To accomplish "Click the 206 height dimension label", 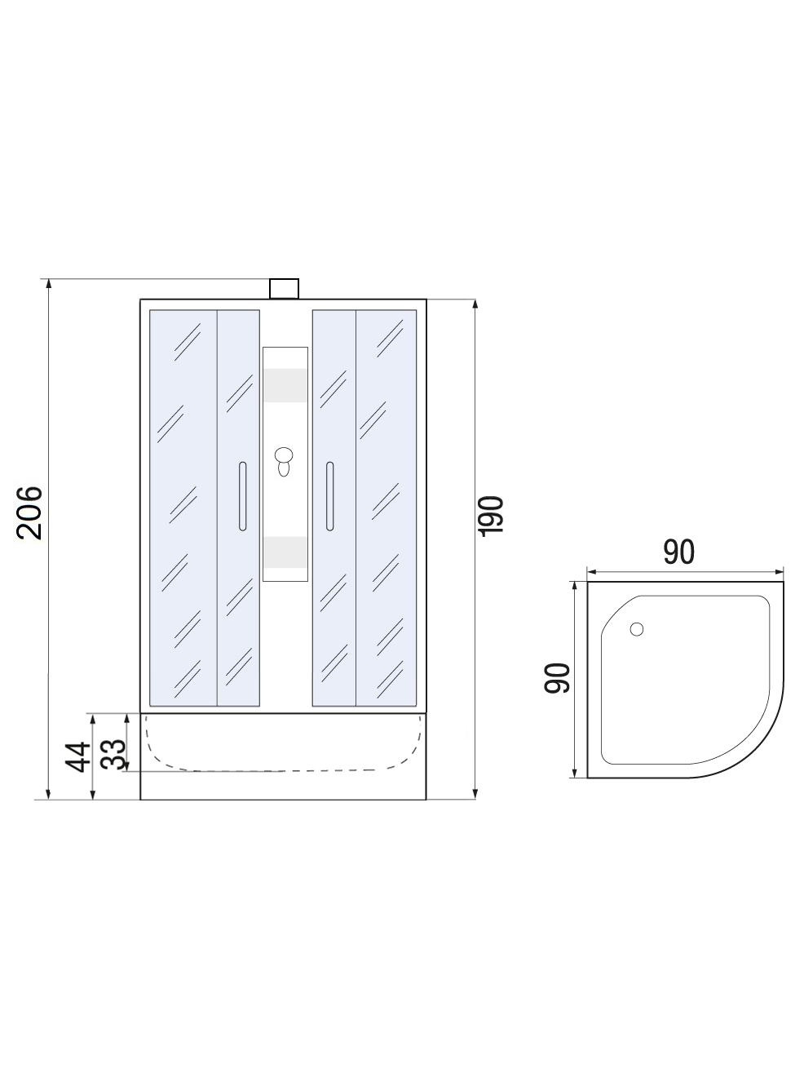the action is coord(29,512).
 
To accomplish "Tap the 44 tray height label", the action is coord(78,757).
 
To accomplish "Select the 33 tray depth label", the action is coord(113,754).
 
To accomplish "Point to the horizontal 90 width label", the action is coord(678,552).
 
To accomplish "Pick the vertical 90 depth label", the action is coord(557,678).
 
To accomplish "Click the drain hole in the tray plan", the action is coord(637,629).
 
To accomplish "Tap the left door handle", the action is coord(242,496).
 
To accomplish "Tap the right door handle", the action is coord(329,496).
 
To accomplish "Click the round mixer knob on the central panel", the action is coord(283,455).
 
